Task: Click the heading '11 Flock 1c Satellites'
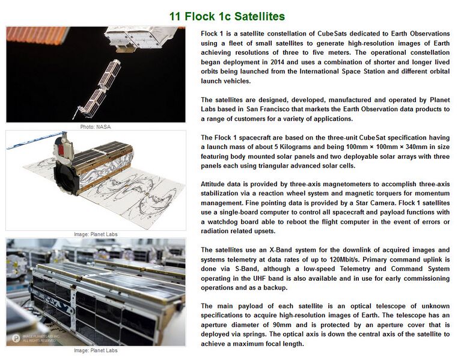pos(227,16)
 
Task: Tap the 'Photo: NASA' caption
pos(96,127)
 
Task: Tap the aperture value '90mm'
pos(282,325)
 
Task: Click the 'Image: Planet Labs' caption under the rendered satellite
pos(96,234)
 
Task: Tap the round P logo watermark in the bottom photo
pos(16,338)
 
